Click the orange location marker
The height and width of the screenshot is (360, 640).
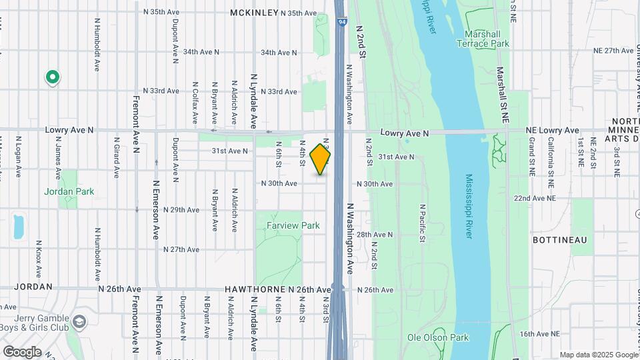point(321,160)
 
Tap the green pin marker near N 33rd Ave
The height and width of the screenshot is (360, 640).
point(52,78)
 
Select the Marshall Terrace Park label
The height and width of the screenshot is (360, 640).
point(483,39)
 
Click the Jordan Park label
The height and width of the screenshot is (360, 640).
point(69,191)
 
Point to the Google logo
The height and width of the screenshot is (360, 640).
point(22,352)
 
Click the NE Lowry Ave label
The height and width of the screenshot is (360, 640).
point(552,130)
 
